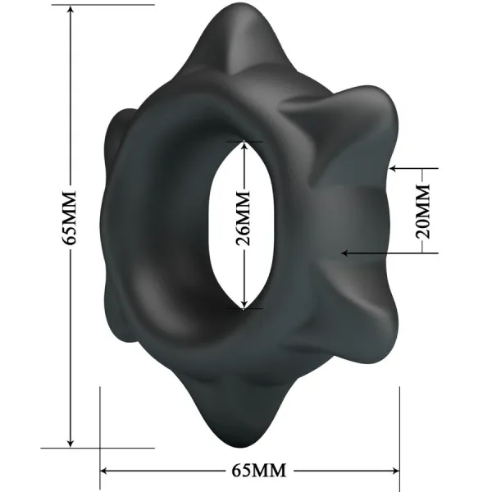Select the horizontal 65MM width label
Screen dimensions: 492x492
coord(249,471)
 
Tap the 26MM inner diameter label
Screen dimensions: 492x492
coord(244,224)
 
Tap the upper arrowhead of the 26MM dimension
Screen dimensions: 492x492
coord(244,145)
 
